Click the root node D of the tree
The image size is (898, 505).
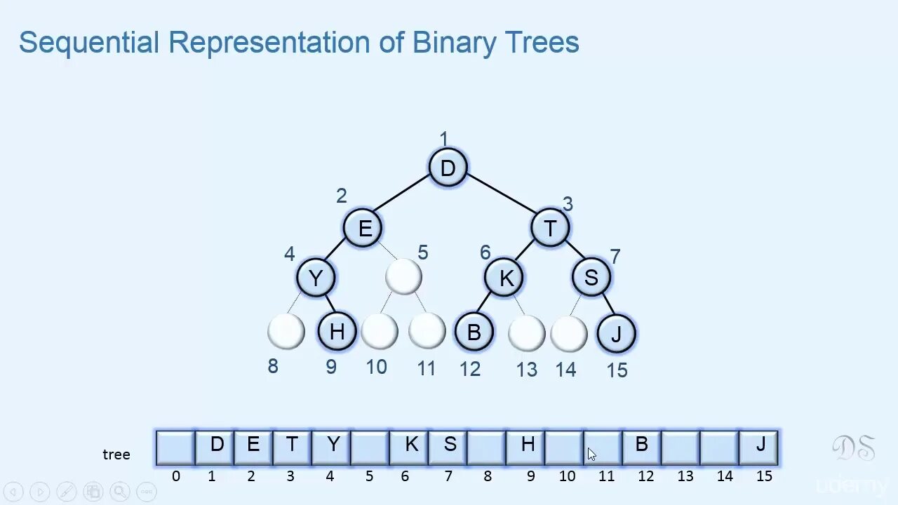point(448,168)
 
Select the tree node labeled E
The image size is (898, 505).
point(363,228)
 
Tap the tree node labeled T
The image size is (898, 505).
point(550,228)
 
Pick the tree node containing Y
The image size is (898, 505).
point(316,278)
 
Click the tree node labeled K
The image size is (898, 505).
point(504,278)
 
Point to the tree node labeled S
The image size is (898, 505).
point(591,277)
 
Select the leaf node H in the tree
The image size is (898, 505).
point(337,331)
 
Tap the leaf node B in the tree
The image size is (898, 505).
point(474,332)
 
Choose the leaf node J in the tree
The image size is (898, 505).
point(616,334)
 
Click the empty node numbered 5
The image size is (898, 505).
point(403,276)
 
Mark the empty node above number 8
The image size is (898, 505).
point(286,331)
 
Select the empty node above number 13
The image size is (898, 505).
point(526,333)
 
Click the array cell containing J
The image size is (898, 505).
point(759,447)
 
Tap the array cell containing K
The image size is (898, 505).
point(410,447)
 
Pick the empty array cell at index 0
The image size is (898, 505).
point(175,447)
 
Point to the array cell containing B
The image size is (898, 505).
point(641,447)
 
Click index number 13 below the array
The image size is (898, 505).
point(685,476)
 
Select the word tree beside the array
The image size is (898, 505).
point(116,454)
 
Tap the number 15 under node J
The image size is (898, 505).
point(617,370)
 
